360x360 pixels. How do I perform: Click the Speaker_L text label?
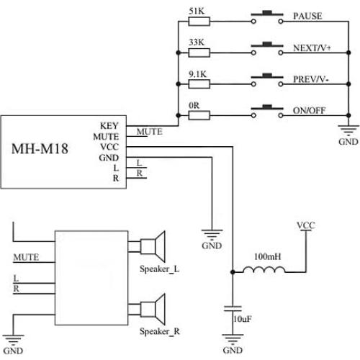(160, 270)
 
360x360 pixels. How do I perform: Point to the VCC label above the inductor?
(305, 225)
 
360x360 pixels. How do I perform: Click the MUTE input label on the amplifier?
(24, 256)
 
